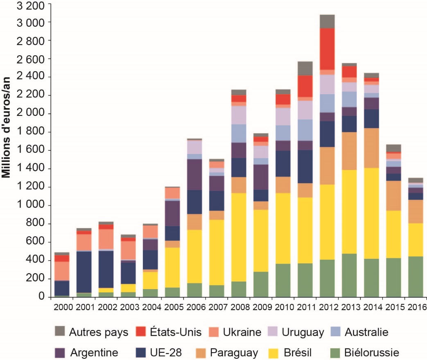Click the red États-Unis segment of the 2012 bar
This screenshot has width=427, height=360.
327,49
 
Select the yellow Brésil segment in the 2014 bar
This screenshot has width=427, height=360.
371,213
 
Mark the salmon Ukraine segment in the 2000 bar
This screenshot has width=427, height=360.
61,271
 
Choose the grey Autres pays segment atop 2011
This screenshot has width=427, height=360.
305,68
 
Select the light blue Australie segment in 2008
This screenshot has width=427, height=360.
239,133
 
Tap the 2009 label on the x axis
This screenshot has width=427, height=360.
261,307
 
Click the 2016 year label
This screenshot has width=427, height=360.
416,307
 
